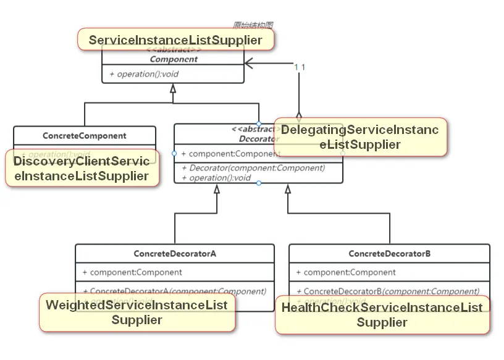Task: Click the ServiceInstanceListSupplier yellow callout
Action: [x=175, y=40]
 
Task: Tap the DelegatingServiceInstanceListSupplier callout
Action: [x=359, y=137]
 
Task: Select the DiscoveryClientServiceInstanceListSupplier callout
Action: [x=81, y=169]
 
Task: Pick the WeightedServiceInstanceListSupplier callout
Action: [x=136, y=312]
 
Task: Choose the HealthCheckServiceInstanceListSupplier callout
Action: [x=382, y=314]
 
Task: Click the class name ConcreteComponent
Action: [x=85, y=135]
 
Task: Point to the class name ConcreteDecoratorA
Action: [x=175, y=253]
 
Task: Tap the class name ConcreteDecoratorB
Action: [x=389, y=253]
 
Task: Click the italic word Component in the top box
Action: [x=174, y=59]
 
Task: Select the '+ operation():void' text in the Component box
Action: [x=144, y=74]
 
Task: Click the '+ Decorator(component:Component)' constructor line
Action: [x=253, y=167]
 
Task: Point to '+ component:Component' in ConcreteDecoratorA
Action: [x=132, y=272]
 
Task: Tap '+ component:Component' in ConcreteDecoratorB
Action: [x=346, y=272]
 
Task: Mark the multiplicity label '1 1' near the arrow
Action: [x=300, y=67]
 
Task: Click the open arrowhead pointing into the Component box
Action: [x=249, y=62]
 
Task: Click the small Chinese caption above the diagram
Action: [x=253, y=25]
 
